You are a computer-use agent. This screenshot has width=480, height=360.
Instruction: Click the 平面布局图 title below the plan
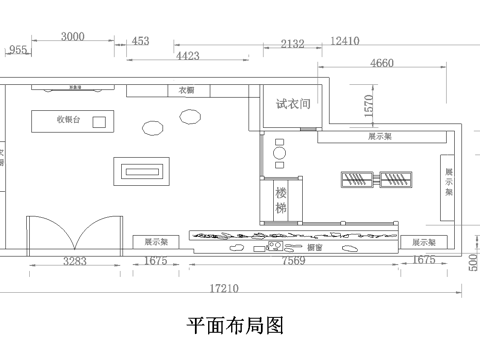[237, 326]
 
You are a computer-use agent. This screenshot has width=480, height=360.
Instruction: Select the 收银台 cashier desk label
[68, 120]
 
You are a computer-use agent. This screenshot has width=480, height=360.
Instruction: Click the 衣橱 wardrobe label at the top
[186, 90]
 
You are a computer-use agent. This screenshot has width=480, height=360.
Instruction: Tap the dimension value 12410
[344, 42]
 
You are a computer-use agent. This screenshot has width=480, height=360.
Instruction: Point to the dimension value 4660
[381, 63]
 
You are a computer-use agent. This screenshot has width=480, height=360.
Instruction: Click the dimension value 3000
[72, 37]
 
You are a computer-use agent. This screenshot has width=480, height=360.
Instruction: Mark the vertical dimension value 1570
[368, 103]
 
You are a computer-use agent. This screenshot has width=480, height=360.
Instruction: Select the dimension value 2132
[293, 43]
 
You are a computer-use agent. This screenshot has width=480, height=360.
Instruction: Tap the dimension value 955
[18, 49]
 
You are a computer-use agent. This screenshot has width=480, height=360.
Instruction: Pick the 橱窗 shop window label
[314, 246]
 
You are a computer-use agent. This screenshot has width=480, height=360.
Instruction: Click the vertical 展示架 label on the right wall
[449, 183]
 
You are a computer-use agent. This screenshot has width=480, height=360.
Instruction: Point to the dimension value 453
[140, 41]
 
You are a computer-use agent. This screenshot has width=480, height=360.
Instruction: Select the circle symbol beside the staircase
[280, 157]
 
